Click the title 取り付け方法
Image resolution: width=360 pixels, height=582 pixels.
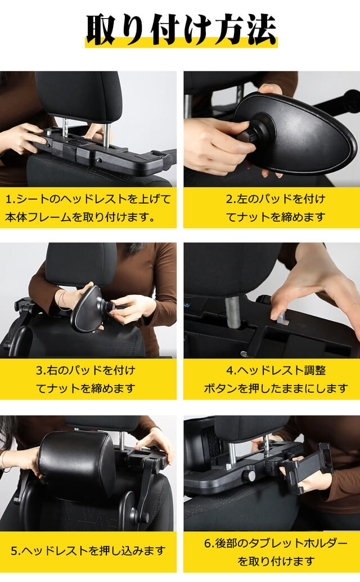point(181,28)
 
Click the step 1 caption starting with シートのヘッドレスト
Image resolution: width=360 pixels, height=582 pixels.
point(88,207)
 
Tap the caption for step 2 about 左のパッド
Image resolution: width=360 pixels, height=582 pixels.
point(272,207)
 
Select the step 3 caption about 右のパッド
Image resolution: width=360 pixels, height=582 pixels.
point(88,379)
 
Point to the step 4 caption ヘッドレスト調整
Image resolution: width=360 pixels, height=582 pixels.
point(272,379)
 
